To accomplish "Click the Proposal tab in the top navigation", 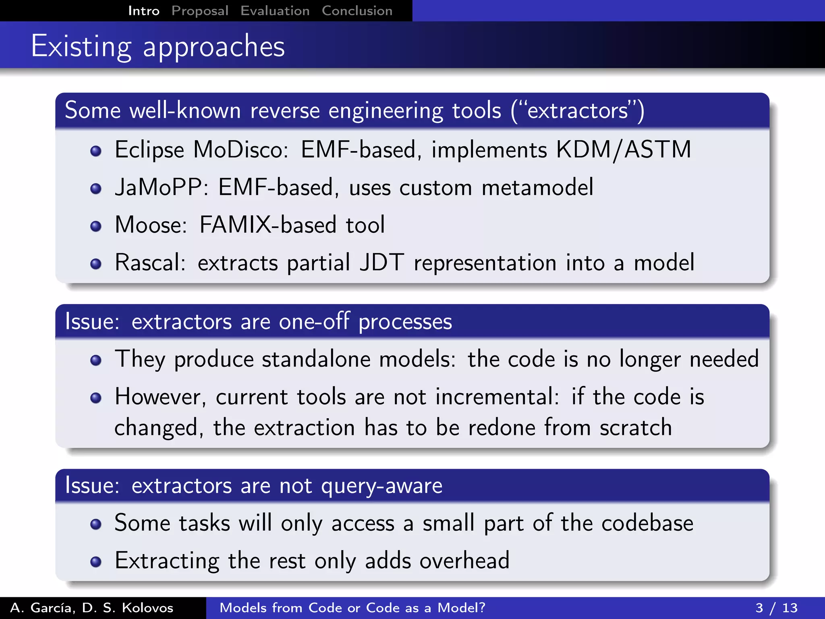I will (200, 11).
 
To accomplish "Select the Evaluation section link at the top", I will (275, 11).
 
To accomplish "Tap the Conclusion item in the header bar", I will (357, 11).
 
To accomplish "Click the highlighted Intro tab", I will (144, 11).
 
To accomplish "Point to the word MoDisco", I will (240, 150).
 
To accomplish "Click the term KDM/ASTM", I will (624, 150).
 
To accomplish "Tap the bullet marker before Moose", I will (96, 226).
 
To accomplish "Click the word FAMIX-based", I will (267, 225).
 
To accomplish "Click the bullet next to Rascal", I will (96, 264).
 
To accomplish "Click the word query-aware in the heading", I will (381, 486).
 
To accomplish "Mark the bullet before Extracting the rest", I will (96, 562).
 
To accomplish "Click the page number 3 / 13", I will (776, 608).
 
